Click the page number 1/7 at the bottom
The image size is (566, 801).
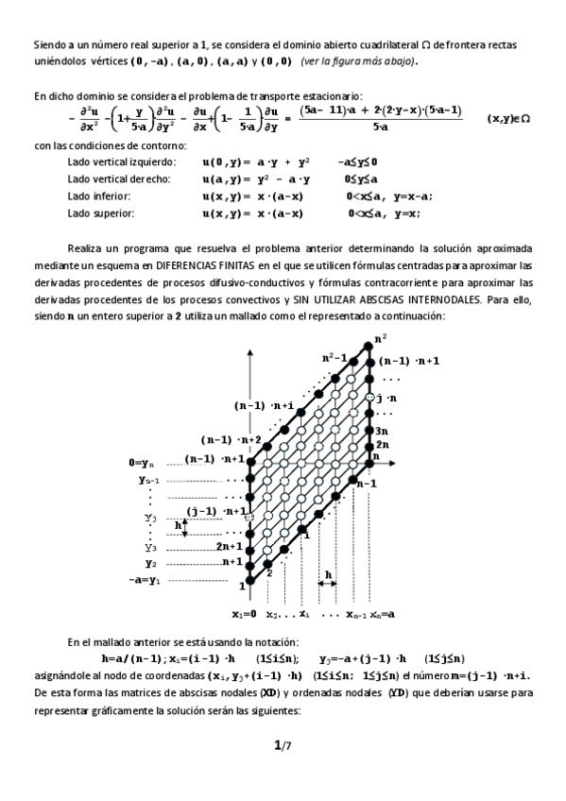[x=282, y=745]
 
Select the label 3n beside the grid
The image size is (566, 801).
[x=383, y=429]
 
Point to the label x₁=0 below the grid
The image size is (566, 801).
[x=244, y=614]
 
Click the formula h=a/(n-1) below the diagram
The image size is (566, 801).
[x=141, y=657]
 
